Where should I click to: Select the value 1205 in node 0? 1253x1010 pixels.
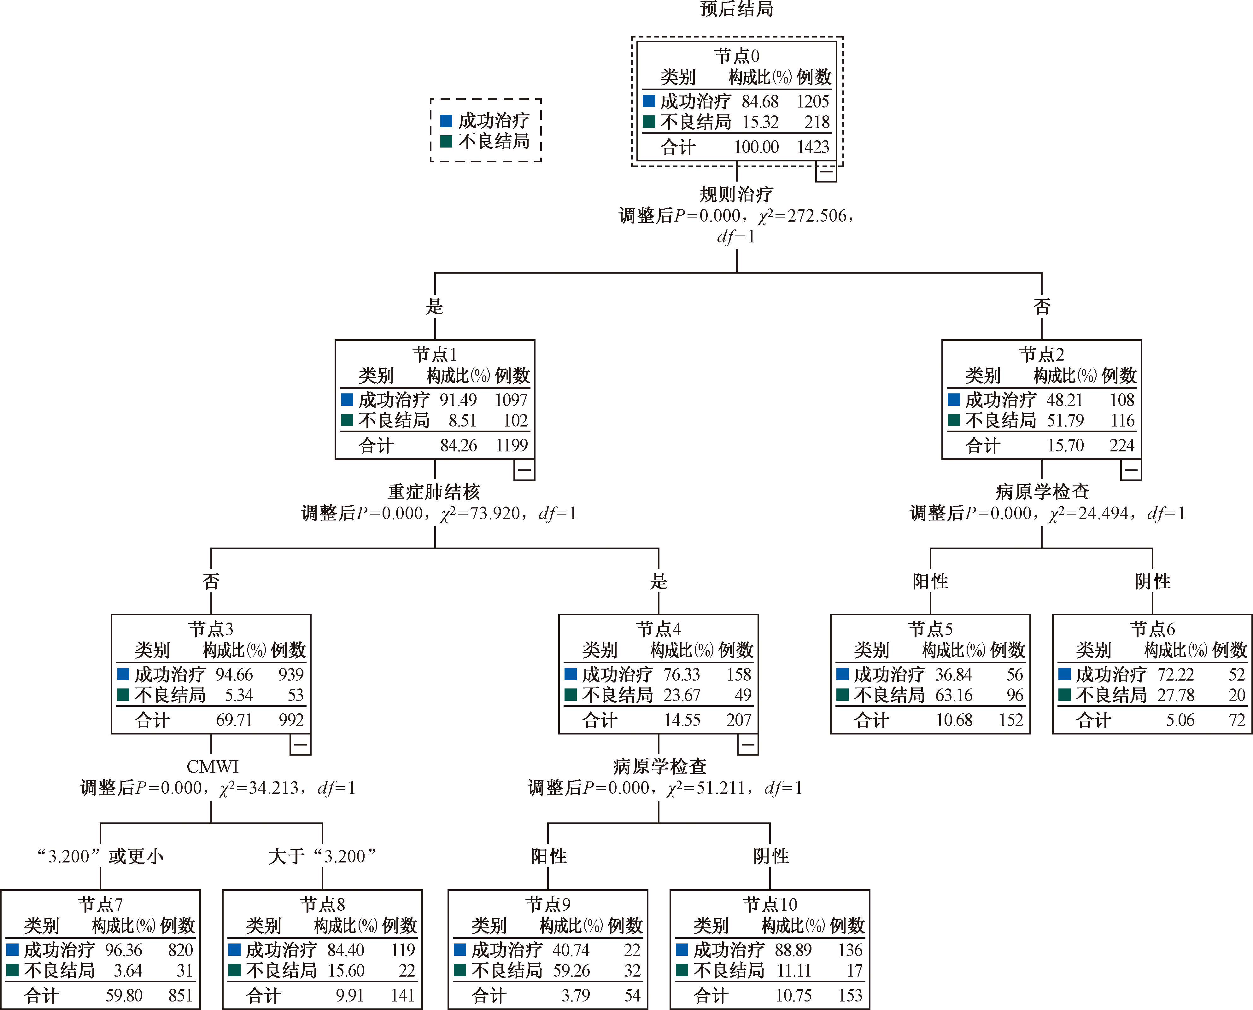point(812,102)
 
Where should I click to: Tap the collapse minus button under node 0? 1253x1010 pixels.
point(826,172)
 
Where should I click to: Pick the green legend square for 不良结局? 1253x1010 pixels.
point(446,141)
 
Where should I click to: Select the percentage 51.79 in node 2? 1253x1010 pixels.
point(1065,420)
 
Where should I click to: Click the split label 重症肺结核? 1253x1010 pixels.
point(434,492)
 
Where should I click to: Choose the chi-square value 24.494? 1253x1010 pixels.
point(1103,513)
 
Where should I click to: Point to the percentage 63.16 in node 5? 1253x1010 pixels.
point(954,695)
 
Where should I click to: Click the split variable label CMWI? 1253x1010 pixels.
point(213,767)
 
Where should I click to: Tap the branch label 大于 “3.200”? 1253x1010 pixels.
point(322,856)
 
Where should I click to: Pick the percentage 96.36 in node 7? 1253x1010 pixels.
point(123,950)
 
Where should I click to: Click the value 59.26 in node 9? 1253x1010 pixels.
point(571,970)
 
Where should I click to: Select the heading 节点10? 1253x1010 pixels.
point(770,905)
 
